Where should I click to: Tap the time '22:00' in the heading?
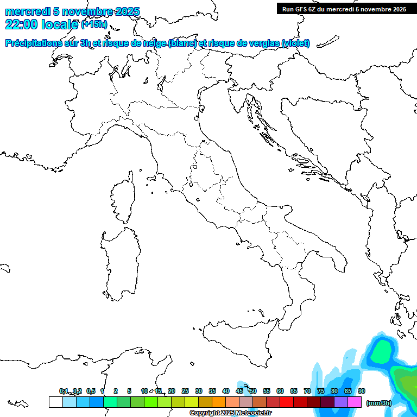[22, 24]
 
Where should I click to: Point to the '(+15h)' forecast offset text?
[94, 24]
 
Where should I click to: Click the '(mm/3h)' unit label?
[379, 403]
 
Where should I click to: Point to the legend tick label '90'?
[362, 391]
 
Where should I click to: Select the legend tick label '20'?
[172, 391]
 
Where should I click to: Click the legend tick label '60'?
[280, 391]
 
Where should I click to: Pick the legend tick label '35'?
[212, 391]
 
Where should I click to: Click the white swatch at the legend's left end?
[55, 402]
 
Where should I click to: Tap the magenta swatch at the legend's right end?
[355, 402]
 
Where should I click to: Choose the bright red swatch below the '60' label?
[287, 402]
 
